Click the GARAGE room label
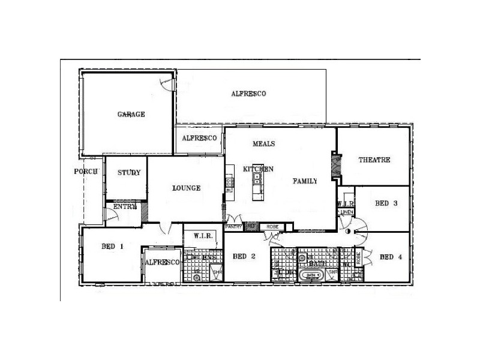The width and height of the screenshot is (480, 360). point(131,115)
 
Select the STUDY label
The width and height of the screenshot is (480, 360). point(128,173)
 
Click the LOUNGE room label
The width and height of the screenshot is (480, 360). point(186,188)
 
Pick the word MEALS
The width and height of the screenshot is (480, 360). point(263,144)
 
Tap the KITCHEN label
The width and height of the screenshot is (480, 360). point(258,169)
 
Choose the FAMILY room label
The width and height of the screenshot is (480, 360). point(304,181)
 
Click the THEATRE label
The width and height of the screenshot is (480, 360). point(374,160)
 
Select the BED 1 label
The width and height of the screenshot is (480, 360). point(113,245)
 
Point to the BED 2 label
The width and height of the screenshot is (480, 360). point(245,257)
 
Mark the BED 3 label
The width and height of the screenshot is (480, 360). point(386,203)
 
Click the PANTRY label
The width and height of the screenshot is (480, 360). point(233,227)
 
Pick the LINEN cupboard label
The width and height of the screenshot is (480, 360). point(346,212)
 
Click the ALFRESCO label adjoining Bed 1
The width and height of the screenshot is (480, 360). point(161,263)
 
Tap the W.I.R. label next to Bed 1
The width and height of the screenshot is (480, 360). point(203,236)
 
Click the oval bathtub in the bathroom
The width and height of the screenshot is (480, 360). point(312,275)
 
